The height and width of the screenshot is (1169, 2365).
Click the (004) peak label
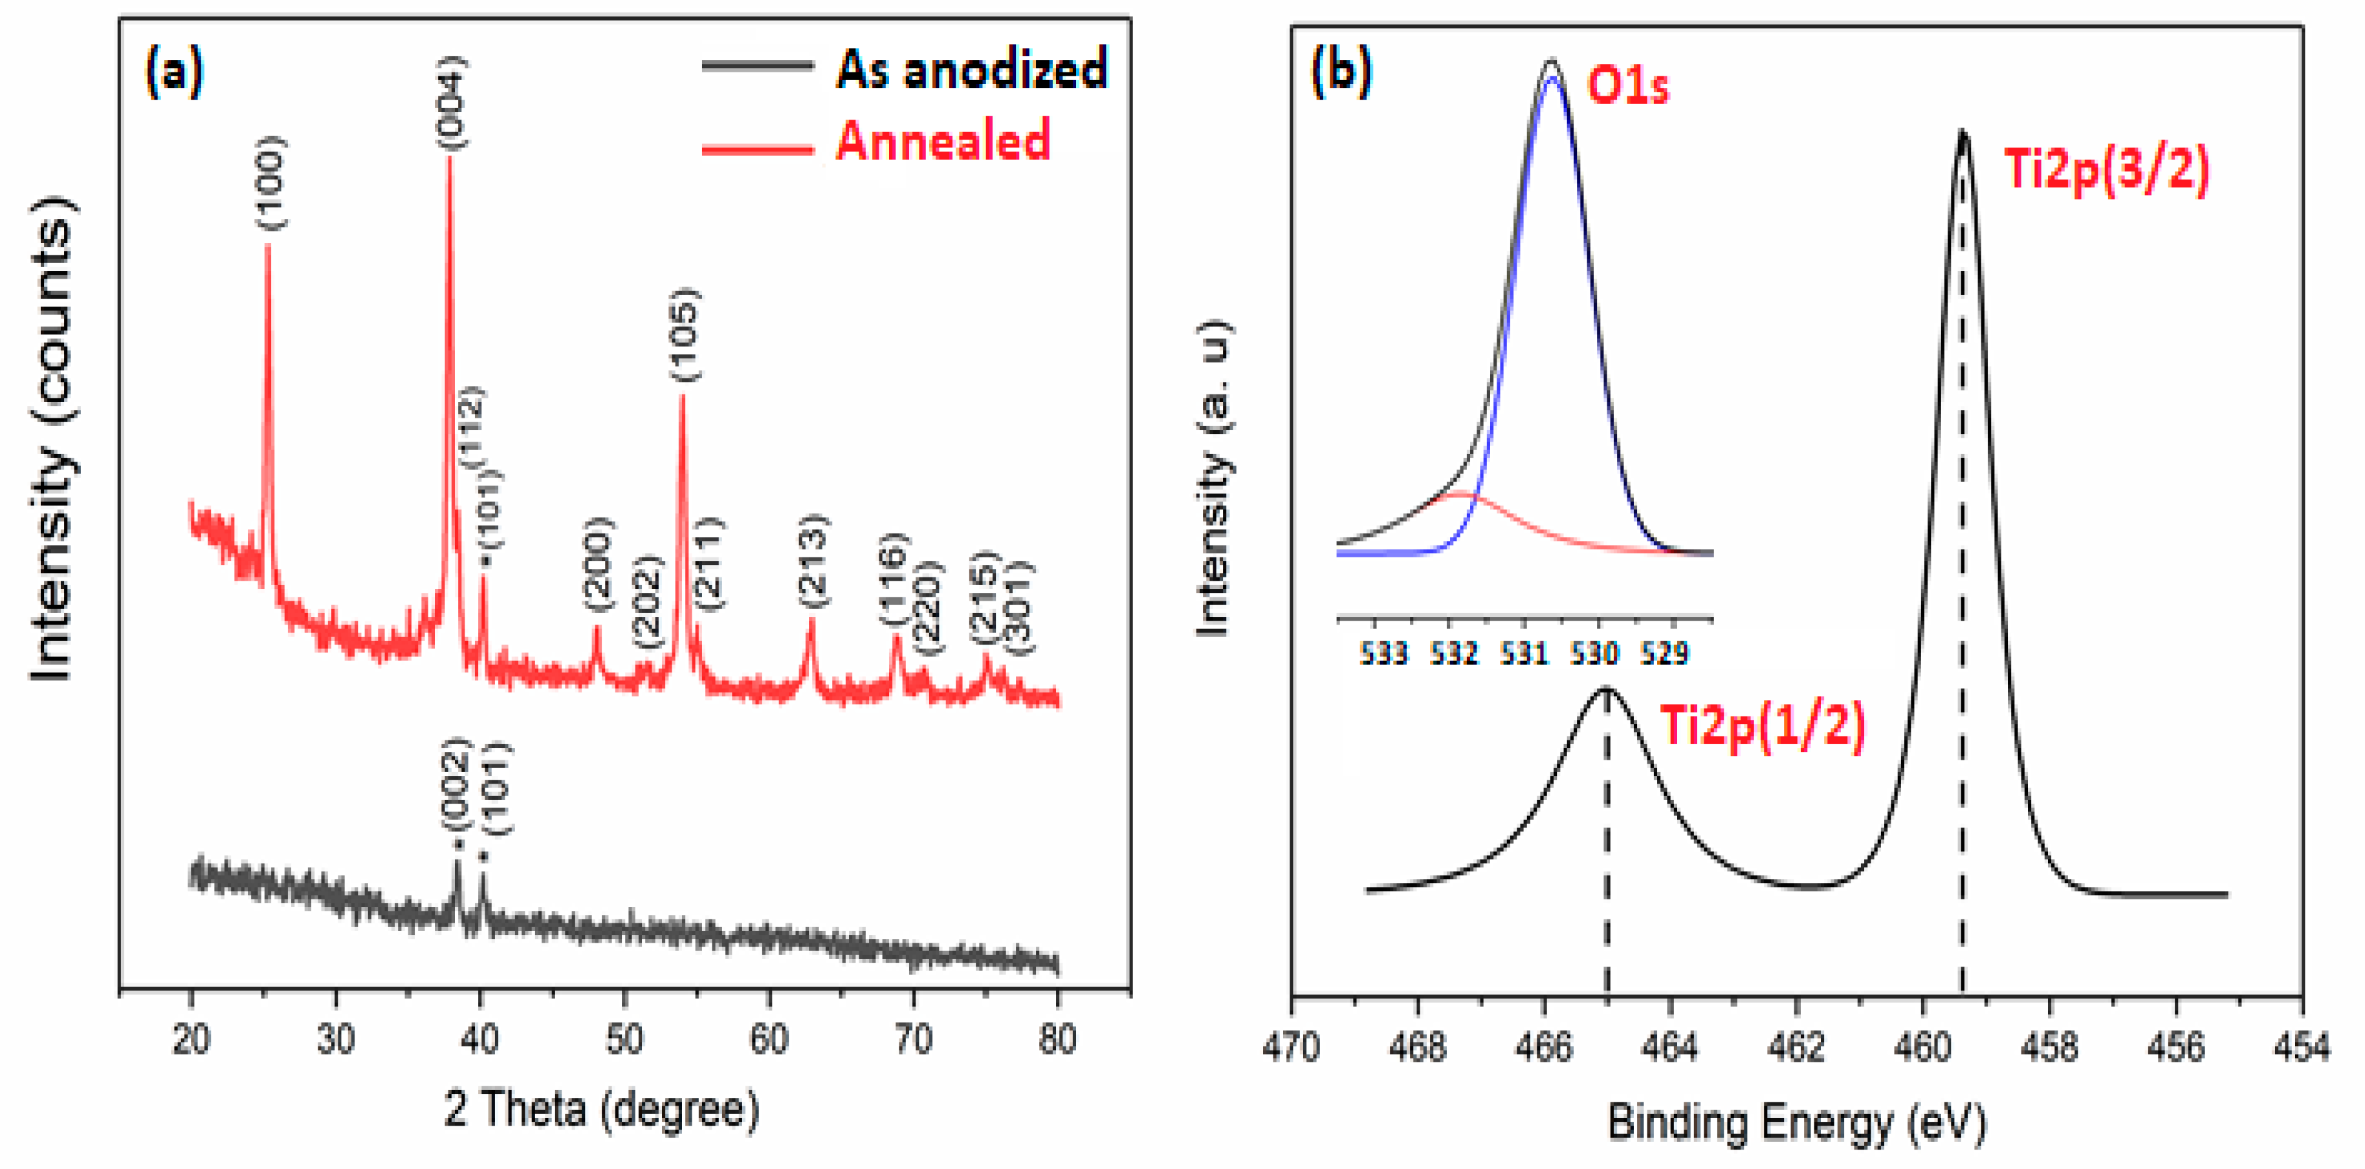point(451,102)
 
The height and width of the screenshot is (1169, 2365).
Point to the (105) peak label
point(684,335)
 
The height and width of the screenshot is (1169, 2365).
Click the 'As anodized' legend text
point(971,69)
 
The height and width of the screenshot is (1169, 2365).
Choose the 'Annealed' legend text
point(943,142)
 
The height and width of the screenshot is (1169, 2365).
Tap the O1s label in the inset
point(1628,87)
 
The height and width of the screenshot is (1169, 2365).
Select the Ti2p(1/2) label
point(1763,726)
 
